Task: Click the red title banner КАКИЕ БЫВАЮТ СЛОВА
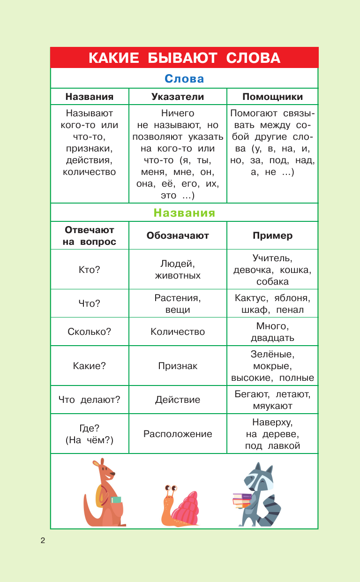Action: click(184, 58)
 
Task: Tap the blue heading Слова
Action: click(184, 78)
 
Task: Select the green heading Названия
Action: click(184, 213)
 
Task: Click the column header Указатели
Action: click(178, 97)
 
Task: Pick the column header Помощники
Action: click(272, 97)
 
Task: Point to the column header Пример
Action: click(272, 235)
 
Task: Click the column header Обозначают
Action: click(178, 235)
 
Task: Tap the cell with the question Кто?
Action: click(89, 269)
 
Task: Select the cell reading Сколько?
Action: click(89, 332)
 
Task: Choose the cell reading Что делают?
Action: click(89, 400)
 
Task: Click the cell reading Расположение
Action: click(178, 434)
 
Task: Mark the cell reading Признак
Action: click(178, 366)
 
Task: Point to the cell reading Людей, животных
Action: click(178, 269)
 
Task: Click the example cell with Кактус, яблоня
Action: click(272, 303)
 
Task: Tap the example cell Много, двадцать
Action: click(272, 332)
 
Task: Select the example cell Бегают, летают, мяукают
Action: click(272, 400)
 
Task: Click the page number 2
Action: click(43, 541)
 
